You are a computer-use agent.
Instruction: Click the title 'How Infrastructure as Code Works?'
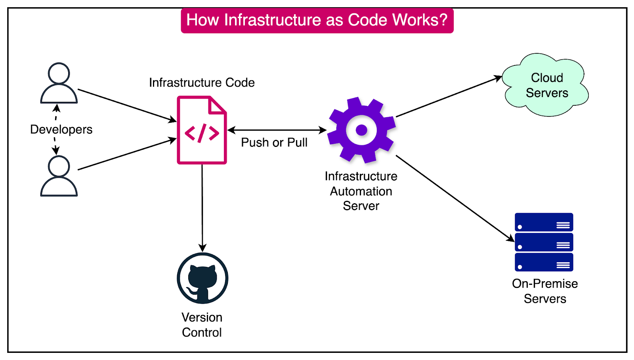pyautogui.click(x=317, y=20)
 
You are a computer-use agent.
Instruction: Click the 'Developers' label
pyautogui.click(x=61, y=130)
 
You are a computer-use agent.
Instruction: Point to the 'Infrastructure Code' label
pyautogui.click(x=202, y=82)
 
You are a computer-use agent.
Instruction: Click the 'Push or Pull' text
pyautogui.click(x=274, y=143)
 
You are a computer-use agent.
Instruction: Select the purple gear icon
pyautogui.click(x=361, y=130)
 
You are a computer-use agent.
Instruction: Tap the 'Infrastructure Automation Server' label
pyautogui.click(x=361, y=191)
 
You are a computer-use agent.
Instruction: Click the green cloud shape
pyautogui.click(x=546, y=85)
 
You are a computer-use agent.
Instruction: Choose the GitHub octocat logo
pyautogui.click(x=202, y=278)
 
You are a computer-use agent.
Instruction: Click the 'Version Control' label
pyautogui.click(x=202, y=325)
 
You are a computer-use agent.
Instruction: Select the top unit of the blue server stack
pyautogui.click(x=544, y=222)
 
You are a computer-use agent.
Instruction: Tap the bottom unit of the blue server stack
pyautogui.click(x=544, y=262)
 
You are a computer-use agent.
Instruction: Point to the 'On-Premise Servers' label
pyautogui.click(x=545, y=291)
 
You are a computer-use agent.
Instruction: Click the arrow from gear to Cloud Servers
pyautogui.click(x=448, y=97)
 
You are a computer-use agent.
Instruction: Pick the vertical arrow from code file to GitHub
pyautogui.click(x=202, y=206)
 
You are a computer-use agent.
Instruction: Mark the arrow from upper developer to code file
pyautogui.click(x=127, y=105)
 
